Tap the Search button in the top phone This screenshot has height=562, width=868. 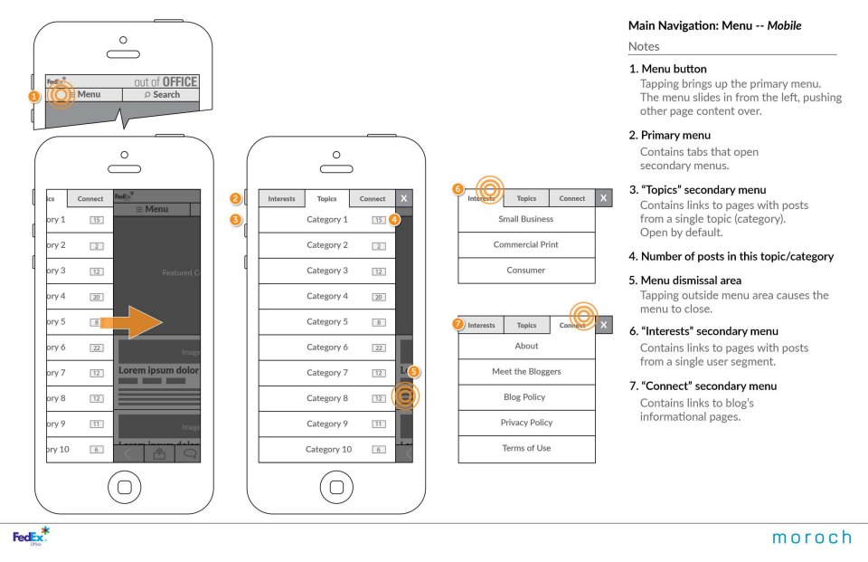point(162,94)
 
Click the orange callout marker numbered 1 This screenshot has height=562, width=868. point(33,96)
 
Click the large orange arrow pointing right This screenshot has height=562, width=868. point(131,322)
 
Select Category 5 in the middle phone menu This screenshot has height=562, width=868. point(326,321)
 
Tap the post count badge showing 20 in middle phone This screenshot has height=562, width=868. point(380,297)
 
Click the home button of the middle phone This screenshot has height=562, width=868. point(336,487)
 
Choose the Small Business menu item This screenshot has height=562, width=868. point(526,219)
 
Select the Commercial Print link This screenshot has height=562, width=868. point(526,244)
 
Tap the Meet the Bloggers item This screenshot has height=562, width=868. point(526,371)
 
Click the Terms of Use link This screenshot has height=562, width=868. point(526,448)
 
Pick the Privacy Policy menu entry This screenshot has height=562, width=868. point(526,423)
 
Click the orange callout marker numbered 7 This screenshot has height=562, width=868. point(458,324)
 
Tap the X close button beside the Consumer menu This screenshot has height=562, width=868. point(603,198)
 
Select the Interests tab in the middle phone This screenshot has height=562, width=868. point(281,199)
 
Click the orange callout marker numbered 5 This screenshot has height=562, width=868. point(414,371)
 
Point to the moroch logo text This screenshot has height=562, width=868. point(810,538)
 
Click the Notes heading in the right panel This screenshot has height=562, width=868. point(644,46)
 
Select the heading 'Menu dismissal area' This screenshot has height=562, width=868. point(684,281)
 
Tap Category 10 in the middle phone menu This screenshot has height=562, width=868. point(328,449)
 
